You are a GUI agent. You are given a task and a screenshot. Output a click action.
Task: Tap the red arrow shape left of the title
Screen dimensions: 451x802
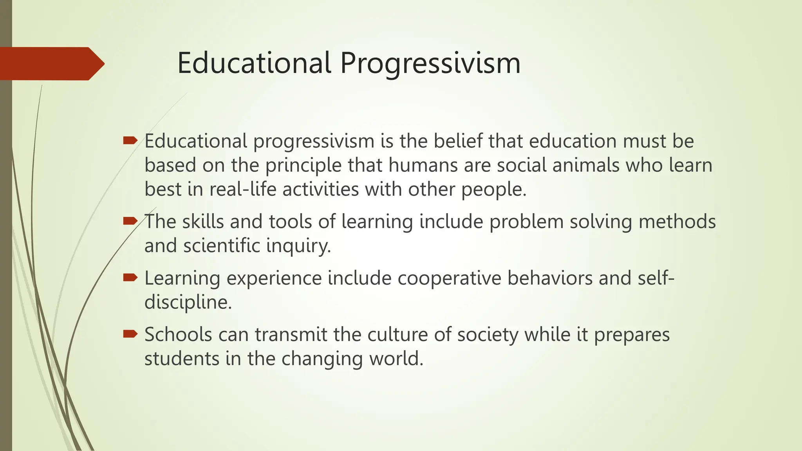(x=51, y=63)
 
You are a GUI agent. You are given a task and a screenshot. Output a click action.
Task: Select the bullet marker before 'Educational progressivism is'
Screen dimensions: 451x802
(x=130, y=140)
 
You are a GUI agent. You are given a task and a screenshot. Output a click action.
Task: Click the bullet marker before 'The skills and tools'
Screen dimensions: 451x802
(x=130, y=221)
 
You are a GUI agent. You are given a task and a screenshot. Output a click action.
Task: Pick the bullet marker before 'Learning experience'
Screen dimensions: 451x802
(x=130, y=278)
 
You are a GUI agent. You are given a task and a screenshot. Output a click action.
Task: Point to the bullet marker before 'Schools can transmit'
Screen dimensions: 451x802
(x=130, y=334)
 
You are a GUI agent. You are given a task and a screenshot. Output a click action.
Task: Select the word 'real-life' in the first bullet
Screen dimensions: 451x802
(x=243, y=189)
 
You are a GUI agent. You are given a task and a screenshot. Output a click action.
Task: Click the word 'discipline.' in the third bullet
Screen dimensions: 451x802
(x=188, y=303)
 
